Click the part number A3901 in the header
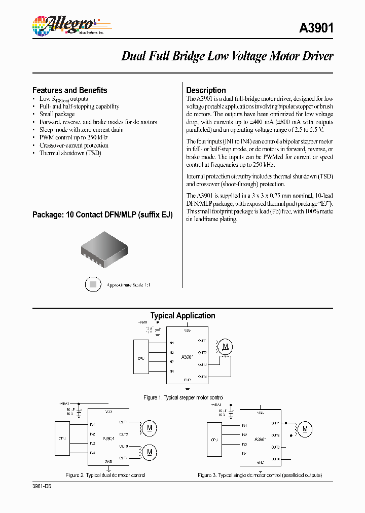(316, 28)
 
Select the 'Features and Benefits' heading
(69, 90)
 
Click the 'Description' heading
(206, 90)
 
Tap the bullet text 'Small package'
(57, 114)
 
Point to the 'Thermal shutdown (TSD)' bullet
(70, 153)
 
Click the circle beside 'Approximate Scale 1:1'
(93, 285)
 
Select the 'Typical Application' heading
(182, 315)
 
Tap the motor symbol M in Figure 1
(226, 347)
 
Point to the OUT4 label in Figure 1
(202, 377)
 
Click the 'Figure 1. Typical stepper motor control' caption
(183, 397)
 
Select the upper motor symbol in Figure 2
(150, 428)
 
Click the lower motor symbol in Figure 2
(150, 451)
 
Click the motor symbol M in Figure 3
(305, 429)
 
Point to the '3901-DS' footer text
(42, 486)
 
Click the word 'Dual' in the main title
(133, 56)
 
